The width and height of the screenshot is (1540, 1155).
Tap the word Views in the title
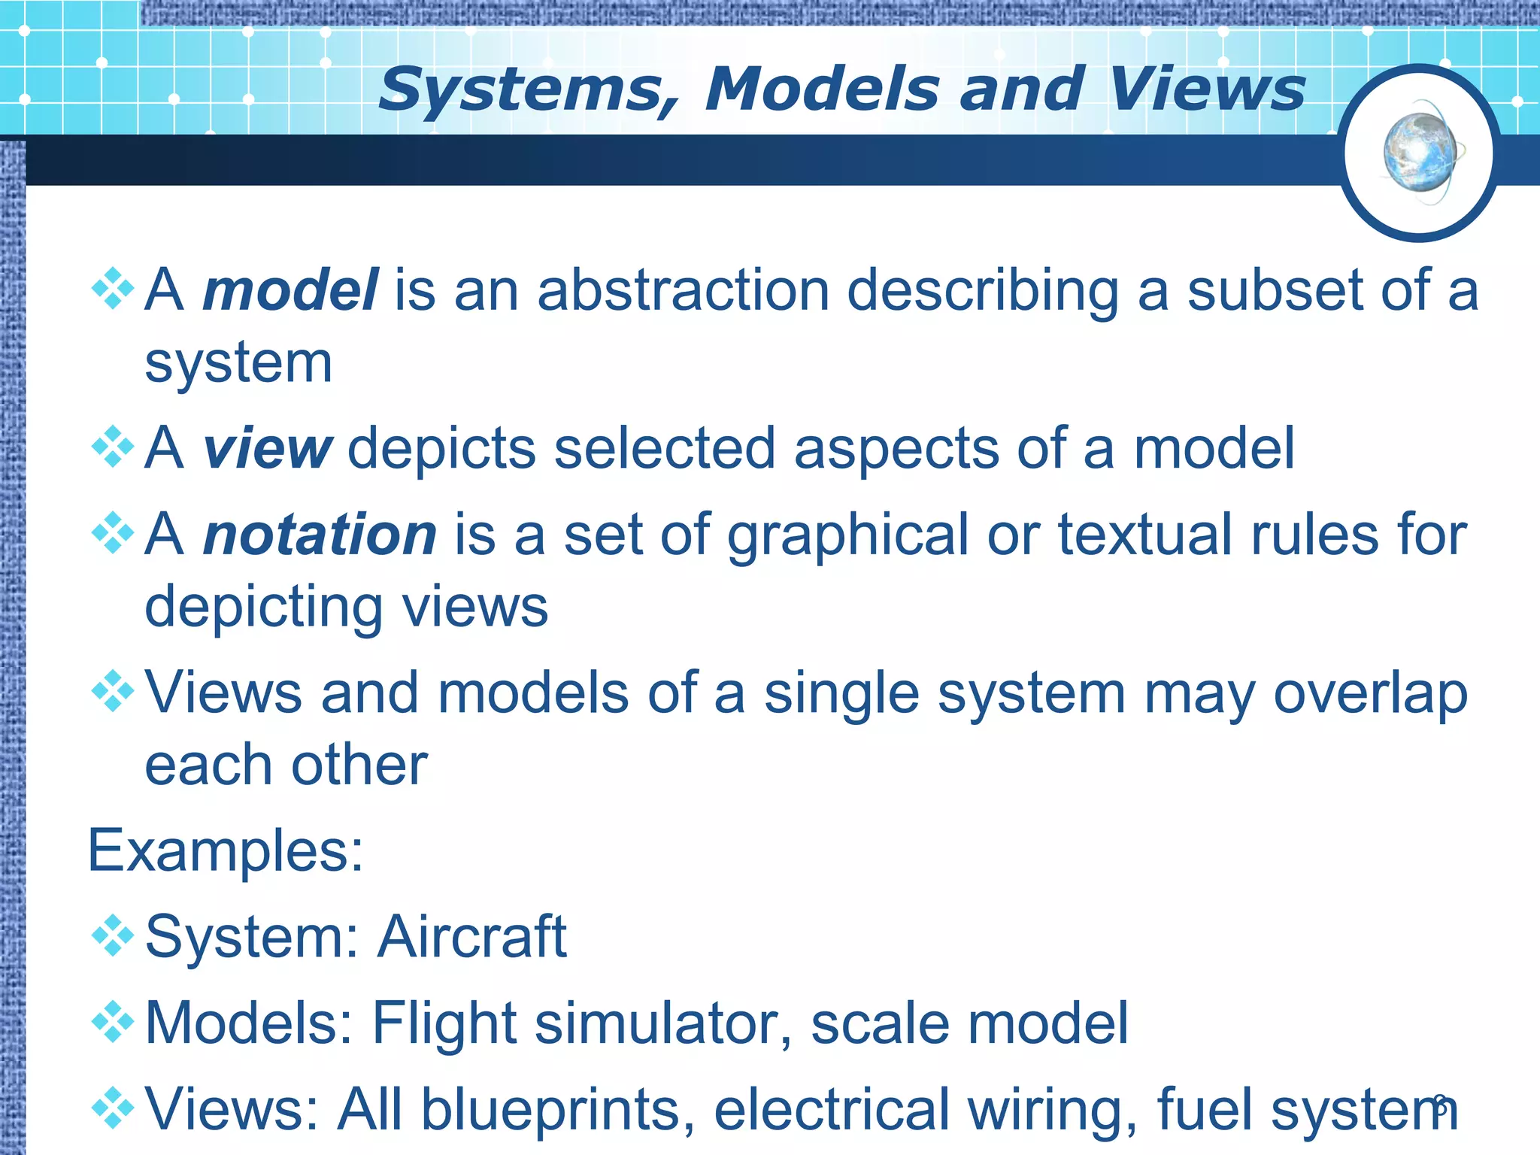(1206, 90)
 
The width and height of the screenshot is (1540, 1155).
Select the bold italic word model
(290, 290)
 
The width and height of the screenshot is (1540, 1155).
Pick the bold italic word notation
(320, 535)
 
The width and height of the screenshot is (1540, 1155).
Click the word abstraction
(683, 290)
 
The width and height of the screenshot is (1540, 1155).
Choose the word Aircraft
(471, 937)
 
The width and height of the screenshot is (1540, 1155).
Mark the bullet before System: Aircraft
(113, 935)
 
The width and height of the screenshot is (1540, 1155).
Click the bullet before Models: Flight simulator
(113, 1022)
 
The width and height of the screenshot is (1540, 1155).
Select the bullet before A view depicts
(113, 447)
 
